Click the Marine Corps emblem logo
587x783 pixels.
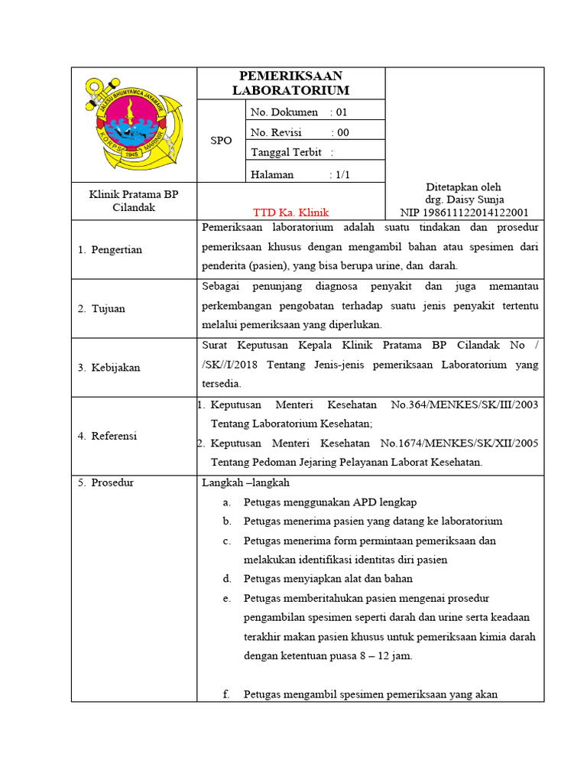[x=134, y=125]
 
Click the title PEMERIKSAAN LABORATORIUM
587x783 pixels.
[x=290, y=83]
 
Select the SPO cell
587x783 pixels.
[x=221, y=141]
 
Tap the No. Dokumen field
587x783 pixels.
[x=299, y=112]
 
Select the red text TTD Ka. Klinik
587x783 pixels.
[x=290, y=213]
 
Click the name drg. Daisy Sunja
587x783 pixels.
[x=464, y=200]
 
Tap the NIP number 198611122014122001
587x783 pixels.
[x=464, y=213]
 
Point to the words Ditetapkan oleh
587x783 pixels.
[x=463, y=187]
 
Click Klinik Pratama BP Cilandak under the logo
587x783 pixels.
[x=134, y=201]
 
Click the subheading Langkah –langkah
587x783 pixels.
[x=245, y=482]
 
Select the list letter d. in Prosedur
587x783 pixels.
[x=226, y=578]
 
